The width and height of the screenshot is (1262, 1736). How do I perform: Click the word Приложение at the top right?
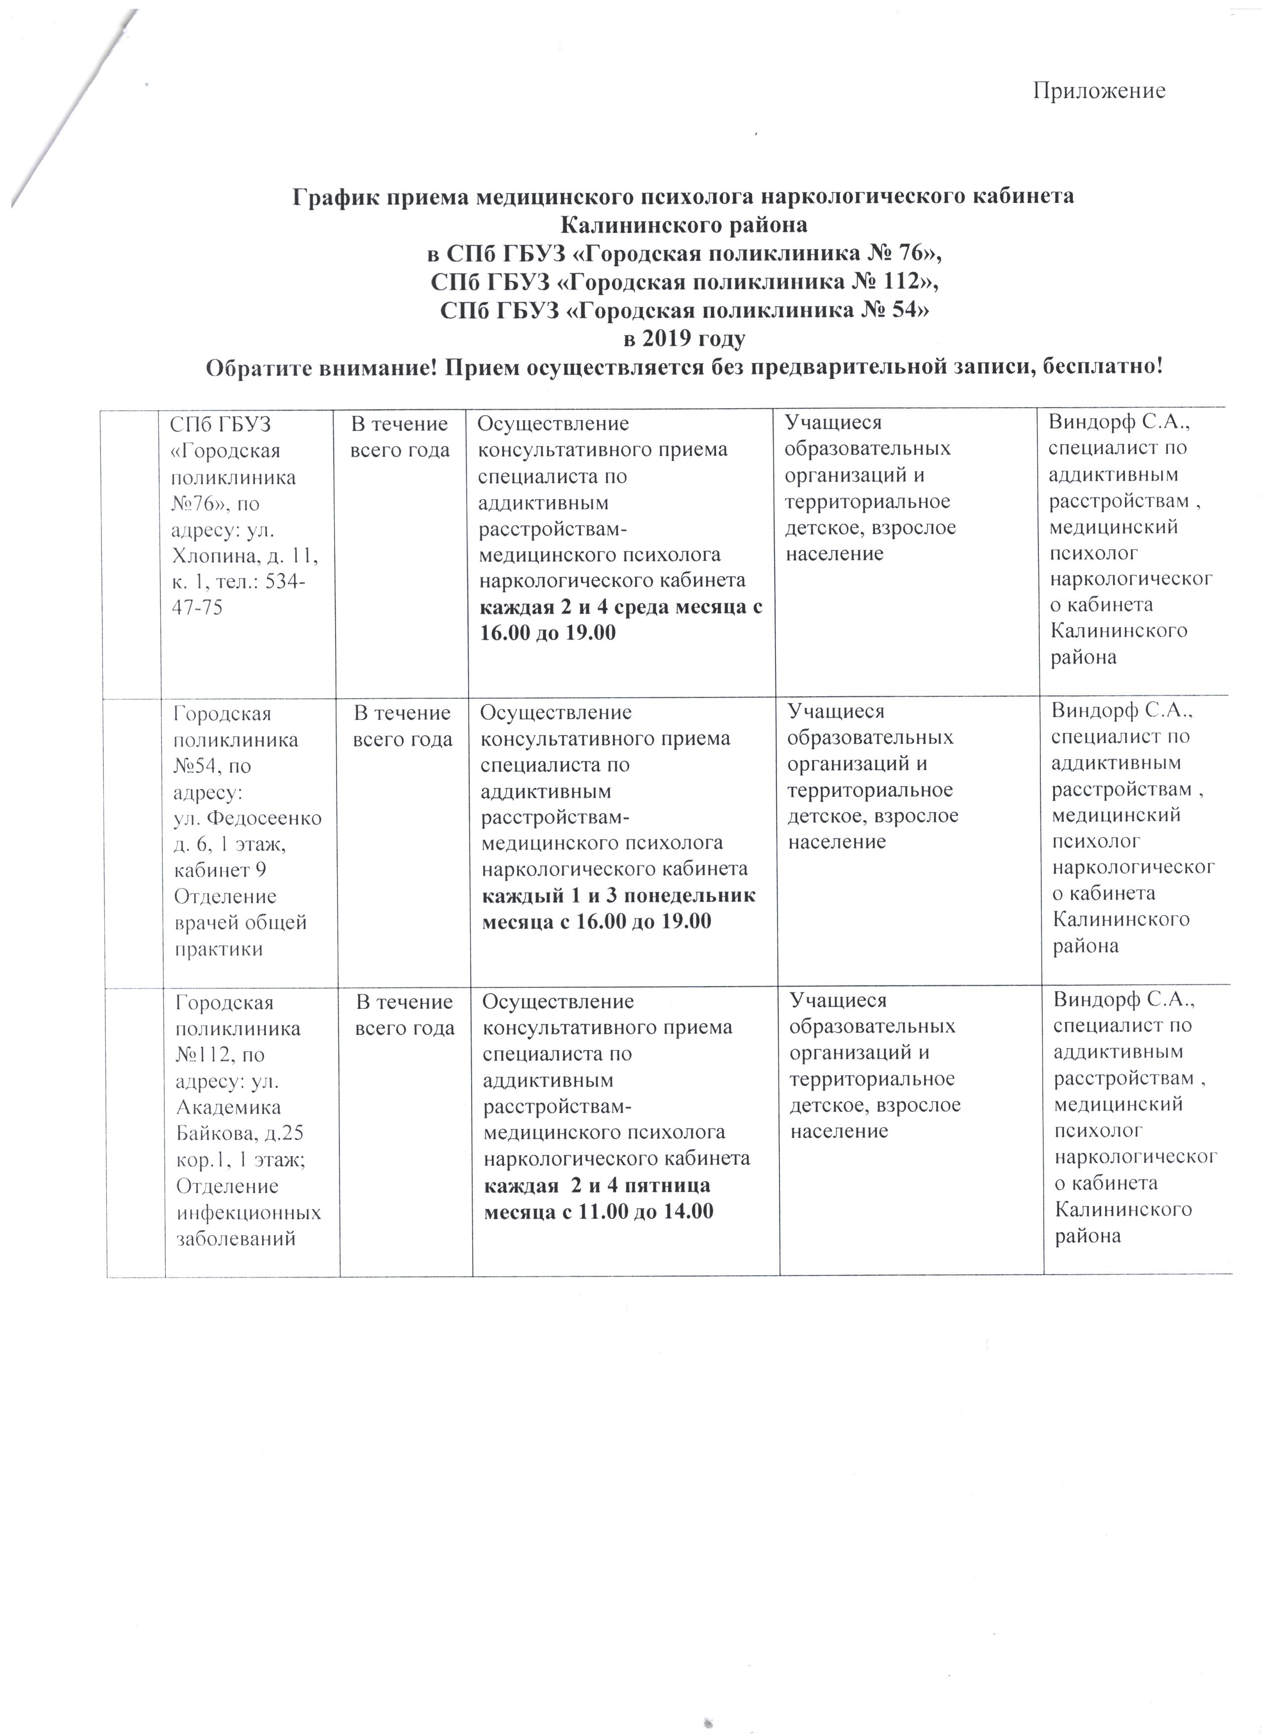click(1099, 91)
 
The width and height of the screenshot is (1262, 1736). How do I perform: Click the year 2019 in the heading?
click(667, 339)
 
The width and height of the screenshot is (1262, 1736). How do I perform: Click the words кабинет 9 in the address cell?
click(220, 870)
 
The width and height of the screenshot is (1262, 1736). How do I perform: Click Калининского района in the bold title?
click(684, 225)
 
